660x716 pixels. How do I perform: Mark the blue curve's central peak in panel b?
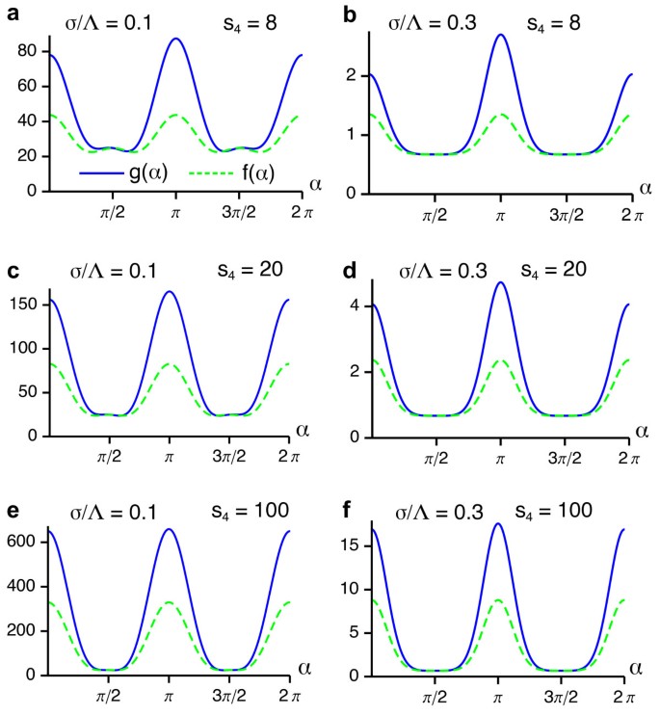[500, 35]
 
